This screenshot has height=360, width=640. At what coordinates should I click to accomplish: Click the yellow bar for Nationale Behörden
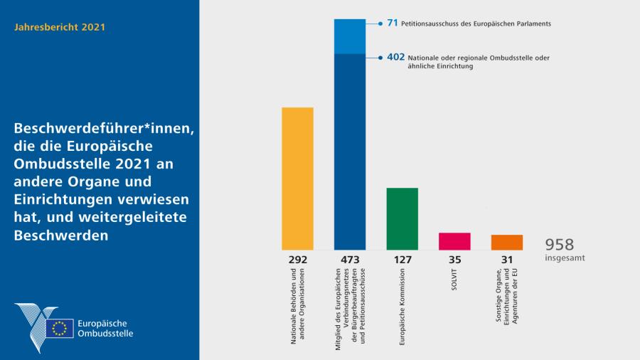coord(297,178)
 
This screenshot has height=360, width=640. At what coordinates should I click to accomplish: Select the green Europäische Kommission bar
coord(402,218)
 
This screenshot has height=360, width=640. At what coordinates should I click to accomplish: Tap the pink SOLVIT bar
coord(454,241)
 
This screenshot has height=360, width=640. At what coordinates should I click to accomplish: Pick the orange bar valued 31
coord(506,243)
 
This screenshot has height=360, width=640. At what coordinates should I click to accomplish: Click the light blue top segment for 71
coord(350,36)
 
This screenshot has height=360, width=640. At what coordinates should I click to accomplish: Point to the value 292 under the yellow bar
coord(297,260)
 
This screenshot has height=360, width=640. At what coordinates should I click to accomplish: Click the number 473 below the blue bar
coord(350,260)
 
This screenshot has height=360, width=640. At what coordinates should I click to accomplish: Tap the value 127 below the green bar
coord(402,260)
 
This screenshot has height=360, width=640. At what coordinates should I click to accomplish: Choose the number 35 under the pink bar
coord(454,260)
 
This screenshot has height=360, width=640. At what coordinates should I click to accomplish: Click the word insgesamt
coord(565,258)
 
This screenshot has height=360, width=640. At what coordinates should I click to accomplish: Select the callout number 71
coord(392,23)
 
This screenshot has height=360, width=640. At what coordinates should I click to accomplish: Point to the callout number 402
coord(395,56)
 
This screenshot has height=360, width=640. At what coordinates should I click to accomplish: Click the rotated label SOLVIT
coord(454,279)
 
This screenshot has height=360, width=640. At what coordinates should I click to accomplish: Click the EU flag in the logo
coord(60,328)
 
